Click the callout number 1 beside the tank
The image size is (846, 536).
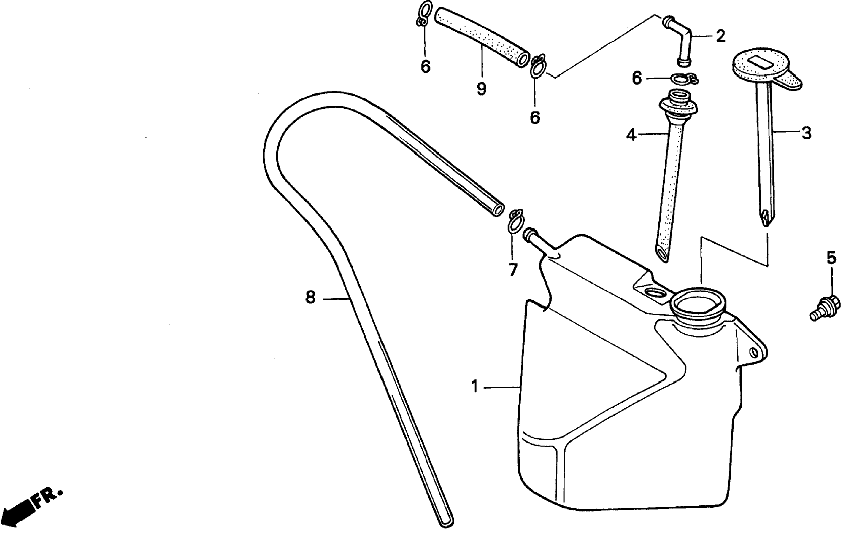[x=475, y=387]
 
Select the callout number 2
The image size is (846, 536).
[x=720, y=36]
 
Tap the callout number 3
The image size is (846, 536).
[x=806, y=133]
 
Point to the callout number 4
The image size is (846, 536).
[x=631, y=135]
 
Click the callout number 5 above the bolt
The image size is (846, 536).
[x=831, y=258]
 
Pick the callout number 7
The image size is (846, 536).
[x=513, y=270]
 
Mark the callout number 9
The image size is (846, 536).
[x=481, y=89]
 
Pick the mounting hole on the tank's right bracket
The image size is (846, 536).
[x=753, y=352]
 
